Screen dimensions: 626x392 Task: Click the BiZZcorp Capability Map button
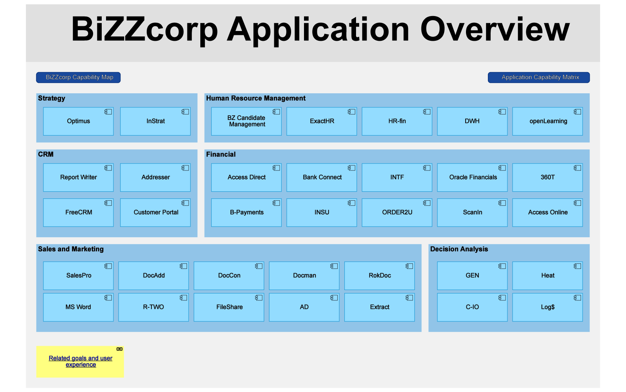click(78, 78)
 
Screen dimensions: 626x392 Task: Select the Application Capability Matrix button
click(539, 78)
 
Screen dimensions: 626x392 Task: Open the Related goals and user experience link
click(81, 361)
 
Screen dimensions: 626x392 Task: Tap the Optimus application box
click(78, 121)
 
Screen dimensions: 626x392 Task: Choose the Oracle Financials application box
click(472, 178)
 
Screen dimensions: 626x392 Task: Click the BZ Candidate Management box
click(246, 121)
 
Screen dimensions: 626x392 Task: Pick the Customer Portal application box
click(155, 212)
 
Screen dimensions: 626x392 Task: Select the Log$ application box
click(547, 307)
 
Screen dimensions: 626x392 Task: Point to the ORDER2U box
click(397, 212)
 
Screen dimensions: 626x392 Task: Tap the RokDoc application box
click(380, 276)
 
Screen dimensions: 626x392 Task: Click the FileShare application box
click(229, 307)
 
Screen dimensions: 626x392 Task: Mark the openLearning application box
click(547, 121)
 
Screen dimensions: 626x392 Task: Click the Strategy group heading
click(51, 98)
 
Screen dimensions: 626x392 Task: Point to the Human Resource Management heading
click(256, 98)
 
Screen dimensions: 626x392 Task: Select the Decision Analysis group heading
click(459, 249)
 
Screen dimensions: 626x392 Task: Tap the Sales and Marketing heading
click(71, 249)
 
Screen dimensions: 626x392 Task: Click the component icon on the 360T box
click(577, 168)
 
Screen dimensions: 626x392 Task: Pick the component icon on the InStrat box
click(185, 112)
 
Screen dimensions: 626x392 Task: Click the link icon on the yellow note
click(120, 349)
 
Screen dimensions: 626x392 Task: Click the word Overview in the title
click(495, 29)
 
